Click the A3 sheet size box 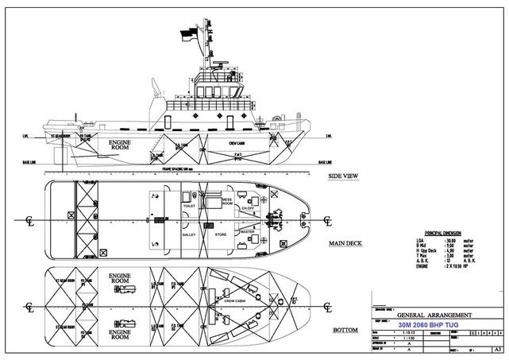497,349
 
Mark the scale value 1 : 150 415,337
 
